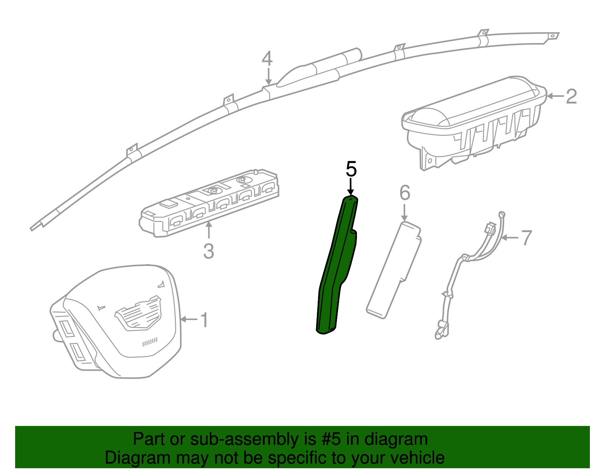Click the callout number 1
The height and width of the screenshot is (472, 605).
click(x=205, y=320)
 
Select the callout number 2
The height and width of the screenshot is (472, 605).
click(x=571, y=96)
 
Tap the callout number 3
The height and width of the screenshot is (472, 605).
click(x=208, y=251)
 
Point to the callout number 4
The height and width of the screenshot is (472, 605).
click(x=267, y=58)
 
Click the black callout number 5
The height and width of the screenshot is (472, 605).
click(x=351, y=169)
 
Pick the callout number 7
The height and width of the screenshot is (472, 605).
click(x=526, y=238)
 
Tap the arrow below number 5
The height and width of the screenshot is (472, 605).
click(x=351, y=187)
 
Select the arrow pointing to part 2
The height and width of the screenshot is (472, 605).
click(x=555, y=96)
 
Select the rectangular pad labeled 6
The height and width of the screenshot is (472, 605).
click(x=394, y=270)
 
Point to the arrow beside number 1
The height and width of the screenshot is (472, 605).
click(x=189, y=319)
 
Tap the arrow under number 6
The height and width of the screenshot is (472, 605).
click(x=405, y=212)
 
